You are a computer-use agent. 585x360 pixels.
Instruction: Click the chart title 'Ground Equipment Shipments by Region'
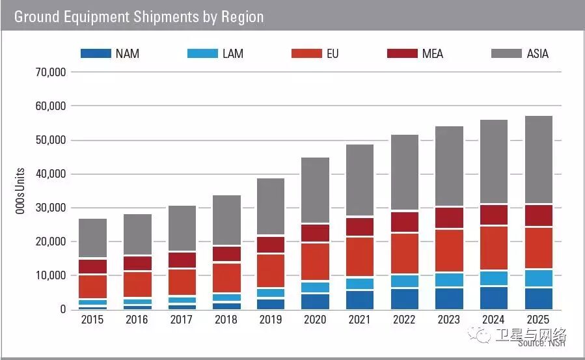coord(139,16)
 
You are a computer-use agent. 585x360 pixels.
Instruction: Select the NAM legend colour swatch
coord(96,53)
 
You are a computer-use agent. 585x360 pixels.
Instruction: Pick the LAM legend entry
coord(215,53)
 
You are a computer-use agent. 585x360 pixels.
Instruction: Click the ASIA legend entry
coord(520,53)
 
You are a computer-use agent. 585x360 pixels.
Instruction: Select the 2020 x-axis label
coord(316,320)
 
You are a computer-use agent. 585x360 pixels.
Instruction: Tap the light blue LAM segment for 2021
coord(360,283)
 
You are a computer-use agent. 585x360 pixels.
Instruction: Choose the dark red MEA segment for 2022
coord(404,222)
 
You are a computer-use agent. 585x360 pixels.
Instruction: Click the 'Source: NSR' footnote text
coord(541,343)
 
